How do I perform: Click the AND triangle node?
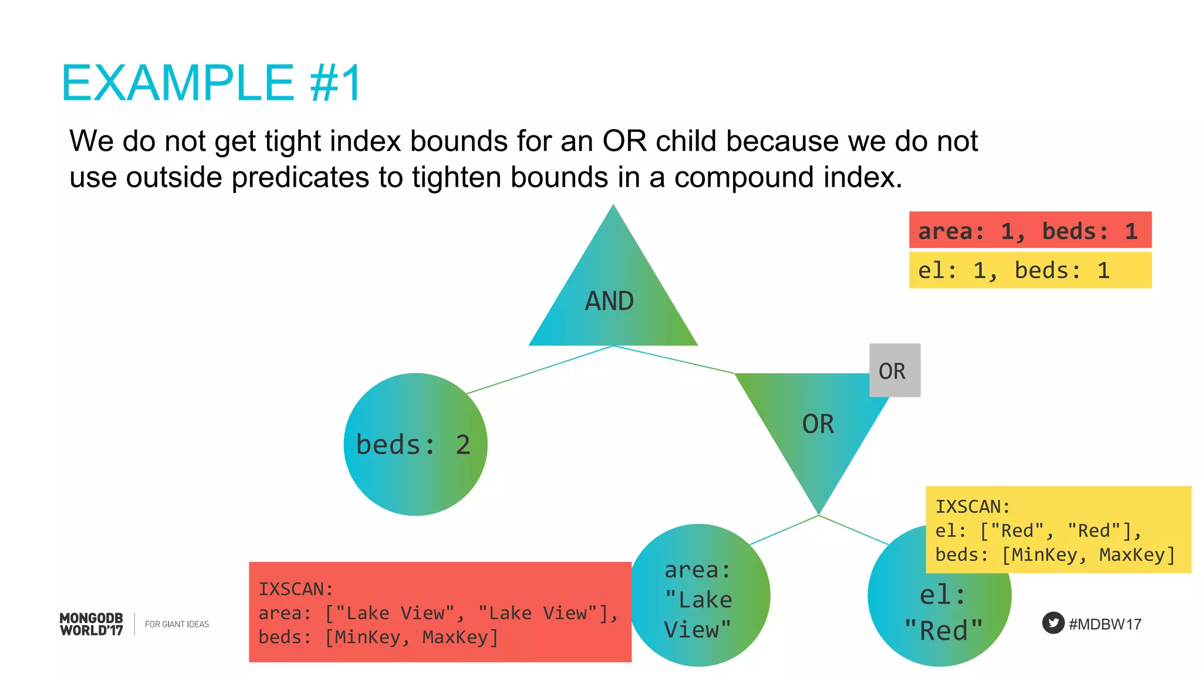[x=613, y=293]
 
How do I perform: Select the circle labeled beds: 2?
[x=415, y=444]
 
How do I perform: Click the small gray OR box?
[x=894, y=370]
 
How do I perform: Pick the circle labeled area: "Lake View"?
[x=698, y=596]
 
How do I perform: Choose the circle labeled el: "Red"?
[x=939, y=616]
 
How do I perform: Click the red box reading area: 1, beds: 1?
[x=1029, y=230]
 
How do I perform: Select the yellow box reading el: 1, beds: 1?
[x=1029, y=270]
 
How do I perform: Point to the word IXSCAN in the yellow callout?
[x=971, y=506]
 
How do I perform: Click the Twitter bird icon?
[x=1053, y=623]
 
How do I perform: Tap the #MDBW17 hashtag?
[x=1105, y=624]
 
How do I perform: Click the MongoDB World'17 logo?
[x=92, y=624]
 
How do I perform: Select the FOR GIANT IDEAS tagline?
[x=177, y=624]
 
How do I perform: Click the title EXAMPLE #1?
[x=211, y=83]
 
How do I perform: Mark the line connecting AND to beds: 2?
[x=540, y=369]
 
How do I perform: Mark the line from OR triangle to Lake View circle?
[x=784, y=530]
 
